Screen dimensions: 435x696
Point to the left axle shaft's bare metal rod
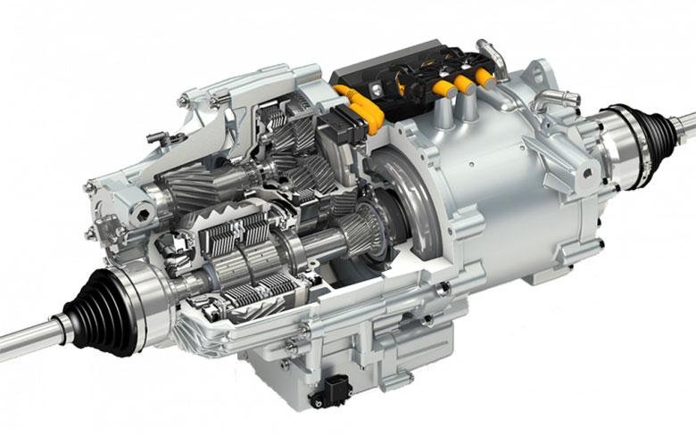pyautogui.click(x=27, y=338)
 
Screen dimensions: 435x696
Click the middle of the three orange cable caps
pyautogui.click(x=464, y=84)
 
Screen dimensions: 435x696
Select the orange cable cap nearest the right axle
pyautogui.click(x=485, y=77)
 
